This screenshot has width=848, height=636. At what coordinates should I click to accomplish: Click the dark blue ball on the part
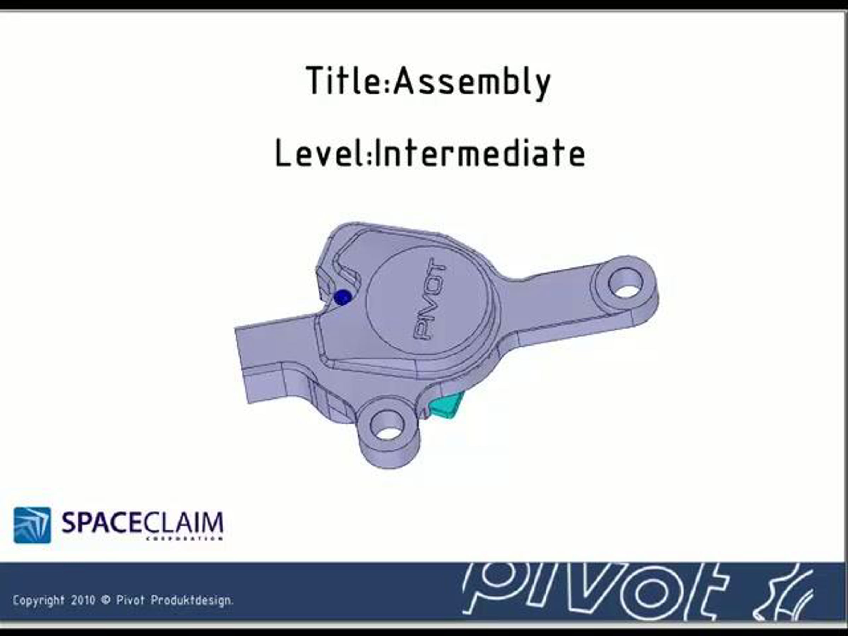tap(342, 297)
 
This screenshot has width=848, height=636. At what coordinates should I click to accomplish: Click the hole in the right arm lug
tap(625, 283)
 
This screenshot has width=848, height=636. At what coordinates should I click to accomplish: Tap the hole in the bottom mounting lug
tap(388, 425)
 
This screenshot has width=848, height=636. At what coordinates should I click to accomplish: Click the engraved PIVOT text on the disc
tap(429, 299)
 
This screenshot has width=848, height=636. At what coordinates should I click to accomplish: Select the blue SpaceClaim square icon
tap(32, 525)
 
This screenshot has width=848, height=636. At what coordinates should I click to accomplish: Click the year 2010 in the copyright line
tap(83, 600)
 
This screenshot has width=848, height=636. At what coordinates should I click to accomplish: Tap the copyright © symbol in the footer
tap(105, 600)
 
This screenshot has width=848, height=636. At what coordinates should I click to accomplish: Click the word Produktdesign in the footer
tap(192, 600)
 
